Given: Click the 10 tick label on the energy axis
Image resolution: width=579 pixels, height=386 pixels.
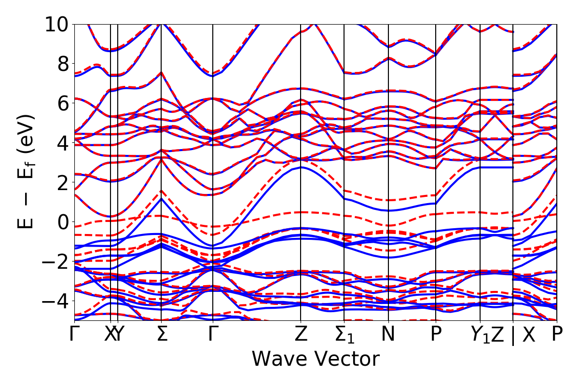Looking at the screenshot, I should click(x=57, y=24).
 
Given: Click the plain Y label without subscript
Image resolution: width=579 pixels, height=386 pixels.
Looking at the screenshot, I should click(x=118, y=334).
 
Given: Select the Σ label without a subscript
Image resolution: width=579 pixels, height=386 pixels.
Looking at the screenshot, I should click(x=162, y=334).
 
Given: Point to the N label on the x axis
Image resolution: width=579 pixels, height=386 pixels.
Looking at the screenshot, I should click(x=388, y=334).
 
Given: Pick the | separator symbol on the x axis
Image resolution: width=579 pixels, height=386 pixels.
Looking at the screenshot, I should click(x=513, y=335).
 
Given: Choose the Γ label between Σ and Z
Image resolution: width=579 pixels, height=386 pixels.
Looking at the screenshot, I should click(x=213, y=334).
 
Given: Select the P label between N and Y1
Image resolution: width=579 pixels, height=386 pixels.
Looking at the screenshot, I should click(x=436, y=334).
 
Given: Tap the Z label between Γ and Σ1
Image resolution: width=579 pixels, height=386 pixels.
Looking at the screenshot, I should click(x=301, y=334).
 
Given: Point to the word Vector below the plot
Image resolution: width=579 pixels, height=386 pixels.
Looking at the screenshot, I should click(x=345, y=359).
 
